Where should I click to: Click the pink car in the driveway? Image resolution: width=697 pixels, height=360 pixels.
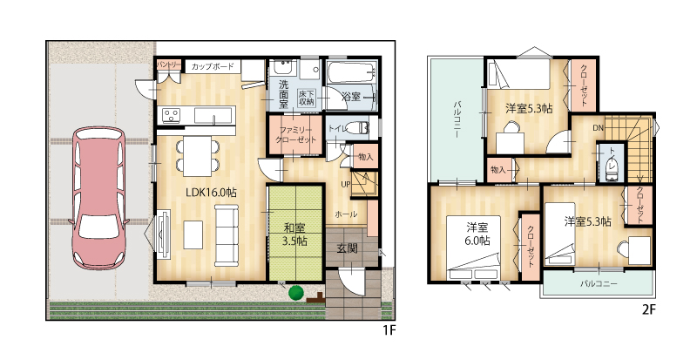tap(99, 199)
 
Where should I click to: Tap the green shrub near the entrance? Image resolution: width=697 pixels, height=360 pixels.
tap(295, 293)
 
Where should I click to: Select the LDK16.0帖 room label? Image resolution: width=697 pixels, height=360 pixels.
tap(211, 193)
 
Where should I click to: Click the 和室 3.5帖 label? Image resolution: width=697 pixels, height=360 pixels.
tap(295, 235)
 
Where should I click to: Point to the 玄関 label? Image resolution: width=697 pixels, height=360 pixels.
tap(346, 248)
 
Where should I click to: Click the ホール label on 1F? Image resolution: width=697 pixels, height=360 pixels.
tap(346, 214)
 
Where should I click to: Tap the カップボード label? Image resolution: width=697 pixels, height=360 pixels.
tap(213, 67)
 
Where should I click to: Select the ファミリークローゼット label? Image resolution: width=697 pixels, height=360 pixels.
tap(295, 134)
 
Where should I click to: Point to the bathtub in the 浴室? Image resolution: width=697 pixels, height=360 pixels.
tap(352, 71)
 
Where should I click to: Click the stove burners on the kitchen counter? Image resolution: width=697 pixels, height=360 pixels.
tap(171, 115)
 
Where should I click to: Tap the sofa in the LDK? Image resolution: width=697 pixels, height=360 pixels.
tap(227, 235)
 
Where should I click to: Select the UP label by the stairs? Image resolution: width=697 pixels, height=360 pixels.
tap(346, 184)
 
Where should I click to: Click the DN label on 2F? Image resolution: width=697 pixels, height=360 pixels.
tap(598, 128)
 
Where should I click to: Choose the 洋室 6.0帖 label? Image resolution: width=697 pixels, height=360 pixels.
tap(477, 234)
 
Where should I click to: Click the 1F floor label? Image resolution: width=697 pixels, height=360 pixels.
tap(389, 330)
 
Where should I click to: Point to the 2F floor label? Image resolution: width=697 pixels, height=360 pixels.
tap(649, 309)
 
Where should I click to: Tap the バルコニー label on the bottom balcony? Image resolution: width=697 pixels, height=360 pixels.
tap(599, 283)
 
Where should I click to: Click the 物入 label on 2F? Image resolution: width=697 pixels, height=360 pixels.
tap(498, 170)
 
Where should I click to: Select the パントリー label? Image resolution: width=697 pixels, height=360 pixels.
tap(168, 65)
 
